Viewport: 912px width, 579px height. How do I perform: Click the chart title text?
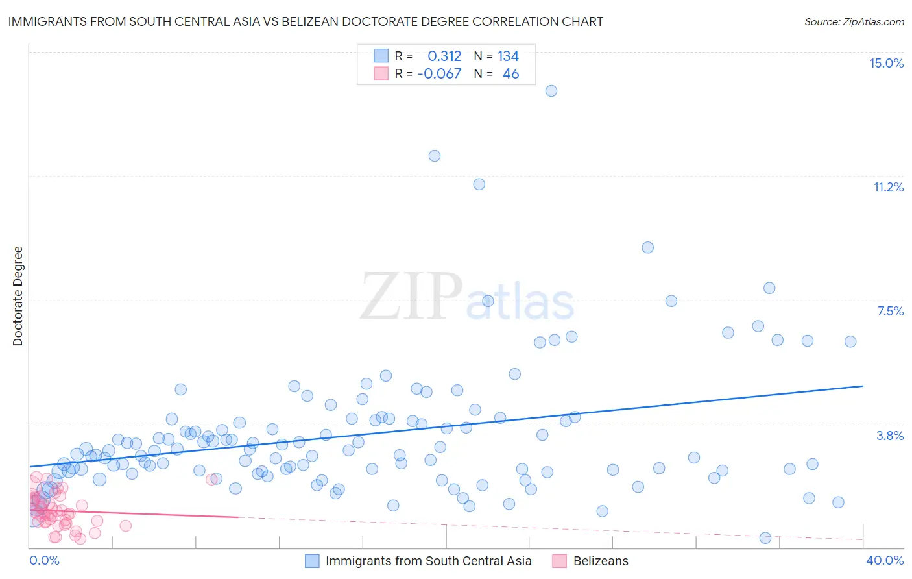pyautogui.click(x=306, y=21)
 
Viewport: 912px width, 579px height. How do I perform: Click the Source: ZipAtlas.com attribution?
pyautogui.click(x=854, y=21)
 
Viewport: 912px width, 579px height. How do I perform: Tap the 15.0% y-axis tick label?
pyautogui.click(x=886, y=63)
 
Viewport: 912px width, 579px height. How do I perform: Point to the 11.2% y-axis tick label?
pyautogui.click(x=888, y=187)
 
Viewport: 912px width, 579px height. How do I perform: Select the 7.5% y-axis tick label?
pyautogui.click(x=890, y=311)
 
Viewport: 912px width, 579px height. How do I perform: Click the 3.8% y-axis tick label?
pyautogui.click(x=890, y=436)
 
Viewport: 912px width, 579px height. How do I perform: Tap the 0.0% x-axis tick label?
pyautogui.click(x=44, y=560)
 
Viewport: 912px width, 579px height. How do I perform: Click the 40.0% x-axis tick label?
pyautogui.click(x=884, y=560)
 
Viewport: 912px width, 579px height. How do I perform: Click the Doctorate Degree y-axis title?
pyautogui.click(x=18, y=296)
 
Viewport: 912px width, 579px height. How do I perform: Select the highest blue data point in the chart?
pyautogui.click(x=551, y=91)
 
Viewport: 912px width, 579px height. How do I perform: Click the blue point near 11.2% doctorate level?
pyautogui.click(x=479, y=184)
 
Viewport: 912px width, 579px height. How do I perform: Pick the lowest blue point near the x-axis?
pyautogui.click(x=765, y=537)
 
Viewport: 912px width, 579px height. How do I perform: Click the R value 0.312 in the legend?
pyautogui.click(x=444, y=56)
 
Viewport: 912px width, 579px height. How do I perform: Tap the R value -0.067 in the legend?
pyautogui.click(x=439, y=73)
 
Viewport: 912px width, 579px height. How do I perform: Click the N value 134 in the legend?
pyautogui.click(x=508, y=56)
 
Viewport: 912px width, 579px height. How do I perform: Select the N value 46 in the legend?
pyautogui.click(x=510, y=73)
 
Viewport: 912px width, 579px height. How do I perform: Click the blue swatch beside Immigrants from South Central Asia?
pyautogui.click(x=312, y=561)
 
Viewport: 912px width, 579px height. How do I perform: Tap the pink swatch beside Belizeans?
pyautogui.click(x=559, y=561)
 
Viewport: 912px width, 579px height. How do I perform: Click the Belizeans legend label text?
pyautogui.click(x=601, y=561)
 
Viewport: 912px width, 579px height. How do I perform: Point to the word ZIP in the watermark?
pyautogui.click(x=411, y=297)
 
